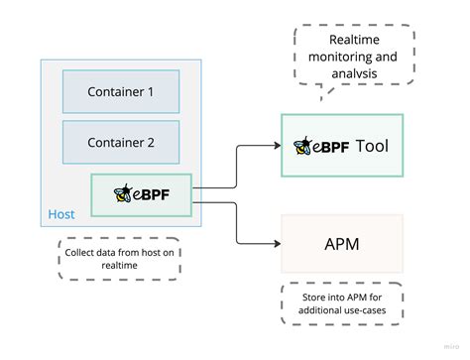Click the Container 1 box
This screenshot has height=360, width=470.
point(121,91)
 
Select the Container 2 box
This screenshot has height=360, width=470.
point(121,142)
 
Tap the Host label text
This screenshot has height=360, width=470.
point(61,214)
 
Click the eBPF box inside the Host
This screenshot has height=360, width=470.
point(143,193)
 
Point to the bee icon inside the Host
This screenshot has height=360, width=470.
point(124,193)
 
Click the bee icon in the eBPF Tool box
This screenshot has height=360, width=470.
point(302,147)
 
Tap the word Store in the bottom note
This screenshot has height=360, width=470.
point(302,294)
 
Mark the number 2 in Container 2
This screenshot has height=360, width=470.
point(150,142)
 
